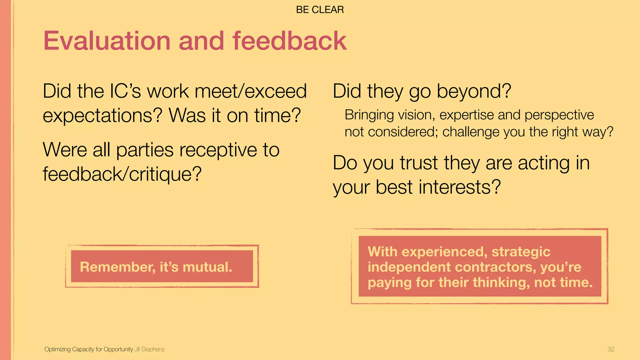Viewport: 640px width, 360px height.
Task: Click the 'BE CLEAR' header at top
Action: (320, 10)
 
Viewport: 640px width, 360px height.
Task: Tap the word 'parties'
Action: (145, 150)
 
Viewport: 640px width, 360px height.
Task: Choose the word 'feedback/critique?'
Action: (122, 174)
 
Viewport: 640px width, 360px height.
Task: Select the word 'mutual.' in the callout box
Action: (207, 267)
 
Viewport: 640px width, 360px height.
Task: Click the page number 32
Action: (611, 349)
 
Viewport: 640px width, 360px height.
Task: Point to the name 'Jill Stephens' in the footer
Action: (149, 349)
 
